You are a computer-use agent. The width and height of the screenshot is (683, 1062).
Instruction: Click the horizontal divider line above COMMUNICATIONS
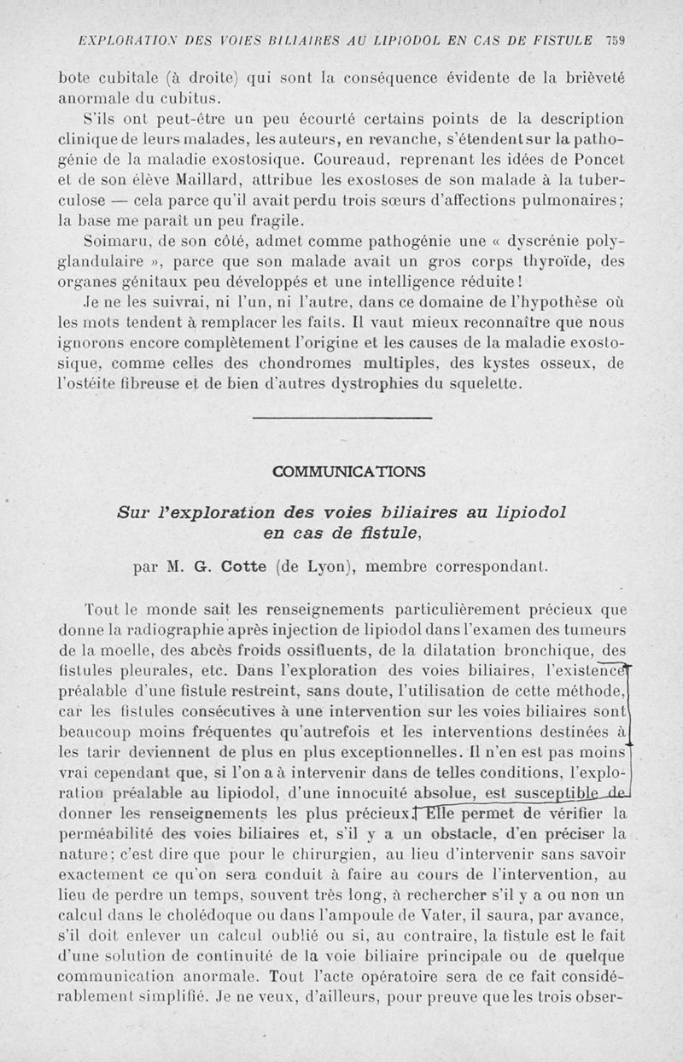click(x=342, y=417)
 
